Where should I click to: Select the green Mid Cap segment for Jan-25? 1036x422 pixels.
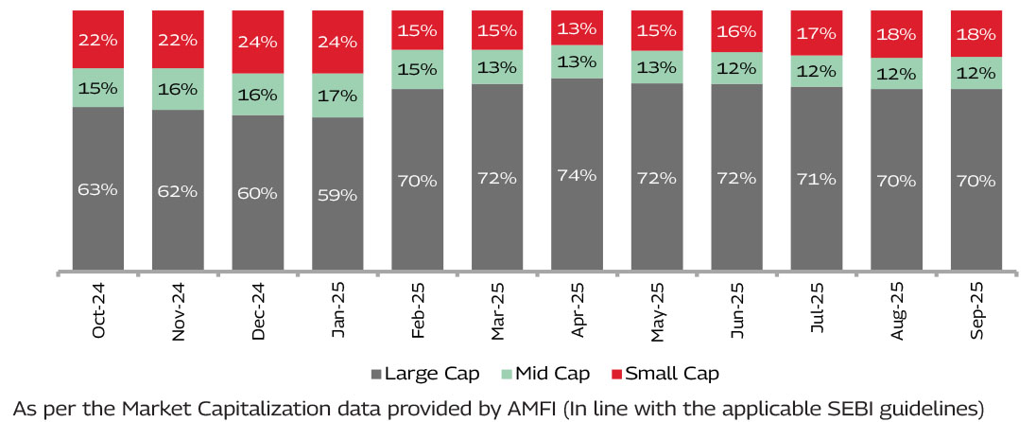point(337,95)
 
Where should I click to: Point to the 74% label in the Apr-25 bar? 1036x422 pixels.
point(577,175)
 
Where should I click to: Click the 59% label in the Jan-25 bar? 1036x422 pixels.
point(337,195)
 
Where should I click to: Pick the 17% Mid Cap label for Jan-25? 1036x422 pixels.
point(337,95)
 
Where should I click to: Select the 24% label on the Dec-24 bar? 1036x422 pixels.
point(258,42)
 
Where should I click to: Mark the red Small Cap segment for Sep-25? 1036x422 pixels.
point(976,33)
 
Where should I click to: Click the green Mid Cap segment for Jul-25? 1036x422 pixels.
point(817,72)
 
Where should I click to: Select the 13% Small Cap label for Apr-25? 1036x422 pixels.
point(577,26)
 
